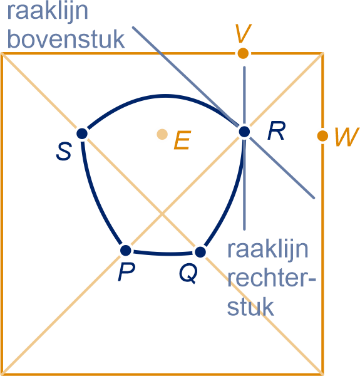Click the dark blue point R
[244, 132]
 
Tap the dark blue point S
[82, 133]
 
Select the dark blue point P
[125, 251]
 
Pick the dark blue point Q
[200, 252]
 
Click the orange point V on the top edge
[243, 53]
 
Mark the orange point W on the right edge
[322, 136]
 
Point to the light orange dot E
[162, 134]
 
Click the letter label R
[276, 130]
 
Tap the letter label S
[64, 151]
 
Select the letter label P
[126, 271]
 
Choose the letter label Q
[188, 273]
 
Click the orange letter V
[244, 33]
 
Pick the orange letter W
[347, 137]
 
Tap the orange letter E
[183, 140]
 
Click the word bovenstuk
[66, 39]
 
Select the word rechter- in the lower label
[271, 278]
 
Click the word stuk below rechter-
[250, 306]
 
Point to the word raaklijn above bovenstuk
[48, 12]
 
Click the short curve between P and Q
[163, 253]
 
